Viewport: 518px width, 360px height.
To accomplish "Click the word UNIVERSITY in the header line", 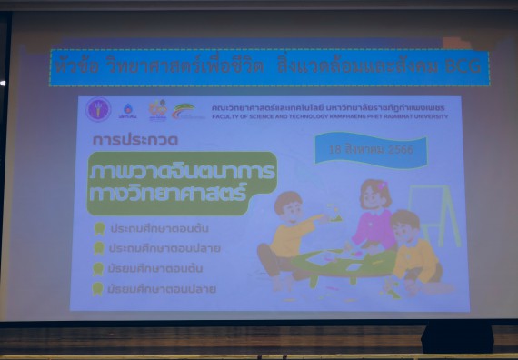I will pyautogui.click(x=430, y=116).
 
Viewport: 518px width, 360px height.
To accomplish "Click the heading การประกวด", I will pyautogui.click(x=135, y=142).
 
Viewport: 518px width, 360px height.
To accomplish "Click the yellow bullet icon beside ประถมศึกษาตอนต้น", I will pyautogui.click(x=98, y=228).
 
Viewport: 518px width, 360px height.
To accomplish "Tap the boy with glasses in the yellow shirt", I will pyautogui.click(x=413, y=250).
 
